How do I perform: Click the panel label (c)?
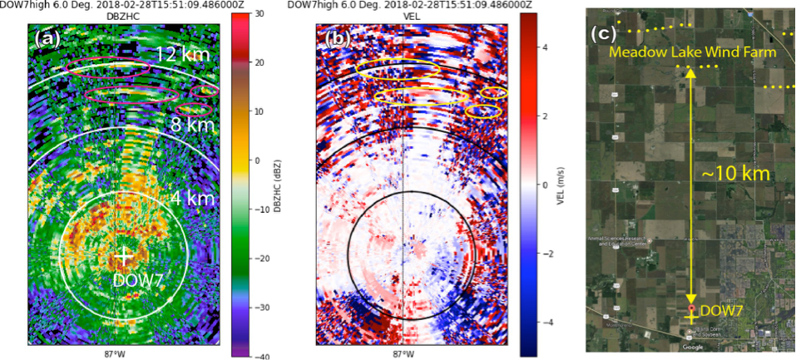(603, 34)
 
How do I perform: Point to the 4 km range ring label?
(194, 199)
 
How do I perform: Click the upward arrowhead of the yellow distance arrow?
(690, 73)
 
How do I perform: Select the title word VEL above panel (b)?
(403, 15)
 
